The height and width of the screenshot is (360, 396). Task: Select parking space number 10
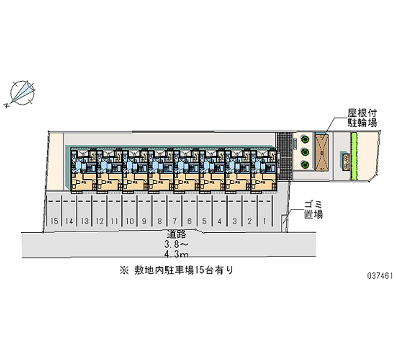click(x=129, y=221)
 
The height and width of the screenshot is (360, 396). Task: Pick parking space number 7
click(x=175, y=221)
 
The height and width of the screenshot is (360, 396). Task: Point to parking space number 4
click(x=219, y=221)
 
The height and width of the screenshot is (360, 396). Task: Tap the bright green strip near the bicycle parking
click(x=353, y=156)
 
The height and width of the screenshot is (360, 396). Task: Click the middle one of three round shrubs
click(x=305, y=152)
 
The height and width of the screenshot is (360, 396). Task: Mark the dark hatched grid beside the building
click(x=285, y=156)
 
